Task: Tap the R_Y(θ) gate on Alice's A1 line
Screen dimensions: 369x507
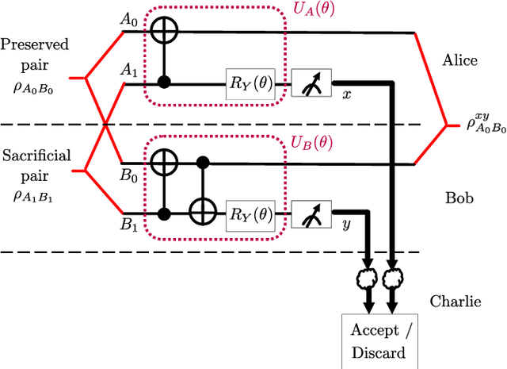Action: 250,82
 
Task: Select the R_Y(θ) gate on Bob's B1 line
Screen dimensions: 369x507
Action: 250,213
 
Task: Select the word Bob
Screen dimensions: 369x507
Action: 459,197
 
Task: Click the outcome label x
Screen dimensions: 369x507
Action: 346,94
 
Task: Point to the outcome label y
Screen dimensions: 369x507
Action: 346,225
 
